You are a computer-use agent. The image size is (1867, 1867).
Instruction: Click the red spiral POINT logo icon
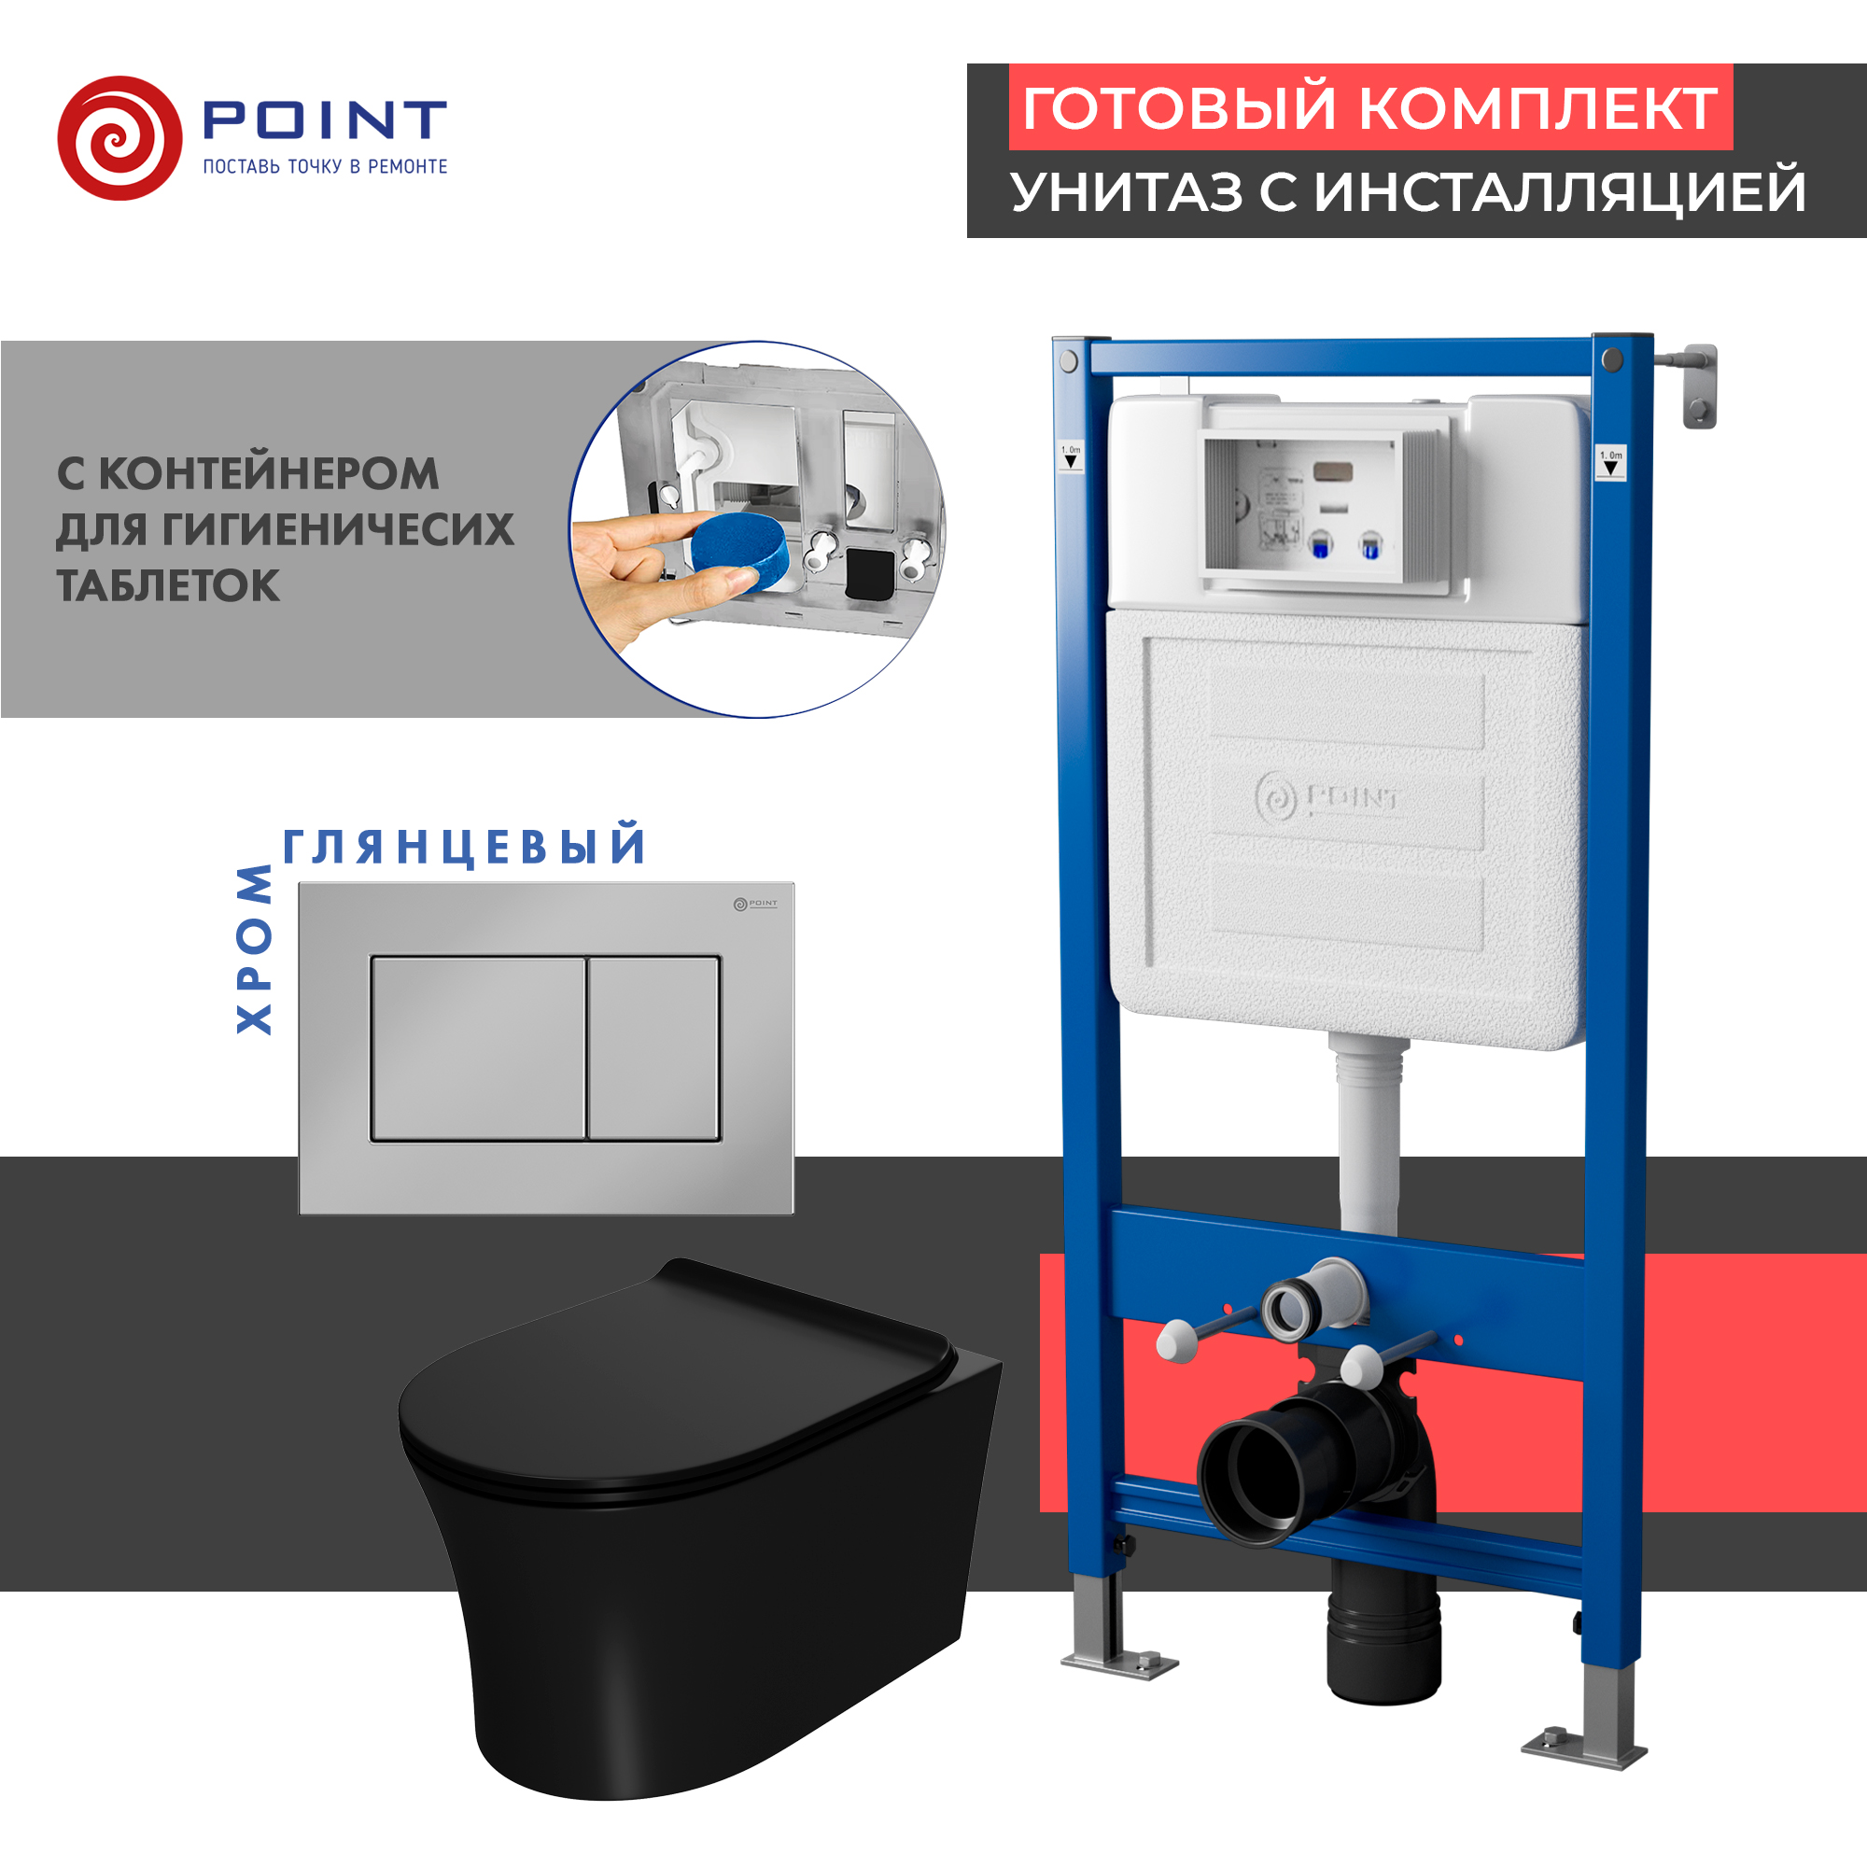(x=119, y=138)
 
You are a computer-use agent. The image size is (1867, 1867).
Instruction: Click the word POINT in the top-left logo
(x=325, y=119)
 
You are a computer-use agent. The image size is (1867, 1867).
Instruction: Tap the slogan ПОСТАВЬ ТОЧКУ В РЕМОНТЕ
(x=325, y=167)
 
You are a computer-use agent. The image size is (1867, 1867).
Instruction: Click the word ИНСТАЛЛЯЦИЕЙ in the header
(x=1560, y=191)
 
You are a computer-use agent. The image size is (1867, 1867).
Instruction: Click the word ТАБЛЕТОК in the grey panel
(x=168, y=585)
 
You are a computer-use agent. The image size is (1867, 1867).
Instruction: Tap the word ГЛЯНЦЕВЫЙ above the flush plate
(x=465, y=847)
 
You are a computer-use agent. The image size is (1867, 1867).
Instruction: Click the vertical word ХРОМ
(x=255, y=949)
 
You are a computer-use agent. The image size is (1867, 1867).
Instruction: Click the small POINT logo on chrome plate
(x=754, y=904)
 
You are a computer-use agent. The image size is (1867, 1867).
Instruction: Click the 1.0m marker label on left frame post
(x=1071, y=456)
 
